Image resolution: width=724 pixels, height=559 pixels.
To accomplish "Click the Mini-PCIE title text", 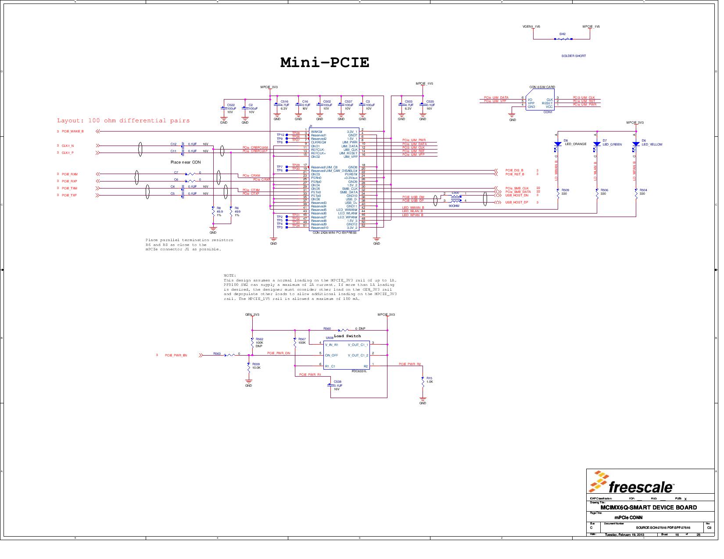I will pos(325,62).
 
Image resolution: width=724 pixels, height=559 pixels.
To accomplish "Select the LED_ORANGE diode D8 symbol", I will pos(557,144).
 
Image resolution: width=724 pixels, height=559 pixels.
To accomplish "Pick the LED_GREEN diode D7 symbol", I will pos(596,144).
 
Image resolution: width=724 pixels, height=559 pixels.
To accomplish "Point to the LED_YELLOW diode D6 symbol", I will pos(635,144).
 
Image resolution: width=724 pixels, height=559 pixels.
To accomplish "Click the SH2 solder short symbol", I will pos(563,39).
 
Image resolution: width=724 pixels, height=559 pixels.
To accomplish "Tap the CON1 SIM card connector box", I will pos(540,103).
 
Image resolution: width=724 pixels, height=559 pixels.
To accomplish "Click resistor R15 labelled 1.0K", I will pos(423,382).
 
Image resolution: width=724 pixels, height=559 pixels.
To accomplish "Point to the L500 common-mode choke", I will pos(456,199).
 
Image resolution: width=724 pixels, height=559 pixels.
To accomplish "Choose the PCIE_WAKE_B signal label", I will pos(72,131).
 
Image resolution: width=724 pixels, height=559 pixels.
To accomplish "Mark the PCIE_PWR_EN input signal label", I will pos(176,355).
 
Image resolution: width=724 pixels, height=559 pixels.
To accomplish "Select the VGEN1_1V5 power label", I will pos(531,26).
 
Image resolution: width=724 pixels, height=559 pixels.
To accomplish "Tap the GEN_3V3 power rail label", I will pos(252,314).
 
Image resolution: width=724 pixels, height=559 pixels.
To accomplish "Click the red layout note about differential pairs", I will pos(123,121).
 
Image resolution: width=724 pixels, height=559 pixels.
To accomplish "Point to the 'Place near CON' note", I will pos(186,162).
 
